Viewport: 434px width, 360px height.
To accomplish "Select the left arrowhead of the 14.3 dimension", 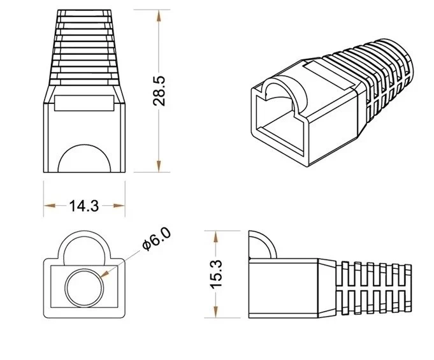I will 48,205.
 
